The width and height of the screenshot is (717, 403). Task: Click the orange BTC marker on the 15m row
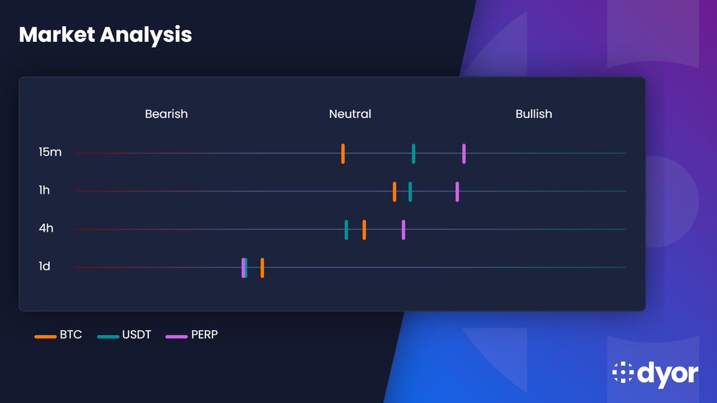[x=343, y=153]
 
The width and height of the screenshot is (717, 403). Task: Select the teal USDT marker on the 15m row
[x=413, y=153]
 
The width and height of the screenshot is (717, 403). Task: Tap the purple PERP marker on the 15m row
[x=464, y=153]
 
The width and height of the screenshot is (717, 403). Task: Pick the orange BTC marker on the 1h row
[x=394, y=192]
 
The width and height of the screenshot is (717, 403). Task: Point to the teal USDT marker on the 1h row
[x=410, y=192]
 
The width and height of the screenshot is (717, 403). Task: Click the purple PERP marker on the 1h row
[x=457, y=192]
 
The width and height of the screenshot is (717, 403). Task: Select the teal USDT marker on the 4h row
[x=347, y=229]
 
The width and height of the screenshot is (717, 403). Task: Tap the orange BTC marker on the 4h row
[x=364, y=229]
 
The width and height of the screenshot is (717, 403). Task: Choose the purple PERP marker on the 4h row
[x=403, y=229]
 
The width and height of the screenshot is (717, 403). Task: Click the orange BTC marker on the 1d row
[x=262, y=267]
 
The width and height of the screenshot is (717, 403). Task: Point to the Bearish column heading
[x=166, y=114]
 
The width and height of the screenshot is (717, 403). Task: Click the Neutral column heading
[x=350, y=114]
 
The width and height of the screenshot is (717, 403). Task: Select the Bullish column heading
[x=534, y=114]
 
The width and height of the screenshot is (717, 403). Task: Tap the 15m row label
[x=50, y=153]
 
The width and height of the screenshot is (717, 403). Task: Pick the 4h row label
[x=46, y=229]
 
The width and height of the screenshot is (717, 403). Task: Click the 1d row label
[x=44, y=266]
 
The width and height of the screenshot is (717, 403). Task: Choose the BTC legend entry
[x=59, y=336]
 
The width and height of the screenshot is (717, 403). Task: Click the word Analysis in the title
[x=146, y=35]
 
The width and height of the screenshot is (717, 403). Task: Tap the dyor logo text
[x=667, y=373]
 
